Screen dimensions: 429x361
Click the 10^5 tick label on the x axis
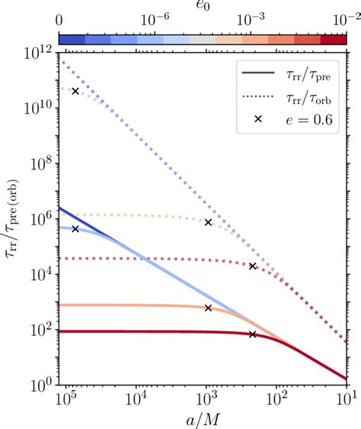(68, 399)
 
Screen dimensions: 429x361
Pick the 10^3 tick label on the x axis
(207, 399)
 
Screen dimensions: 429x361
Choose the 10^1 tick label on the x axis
(347, 399)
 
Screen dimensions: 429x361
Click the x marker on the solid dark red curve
(253, 334)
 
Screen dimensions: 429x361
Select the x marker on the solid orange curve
(208, 308)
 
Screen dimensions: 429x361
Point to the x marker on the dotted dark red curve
(253, 266)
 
